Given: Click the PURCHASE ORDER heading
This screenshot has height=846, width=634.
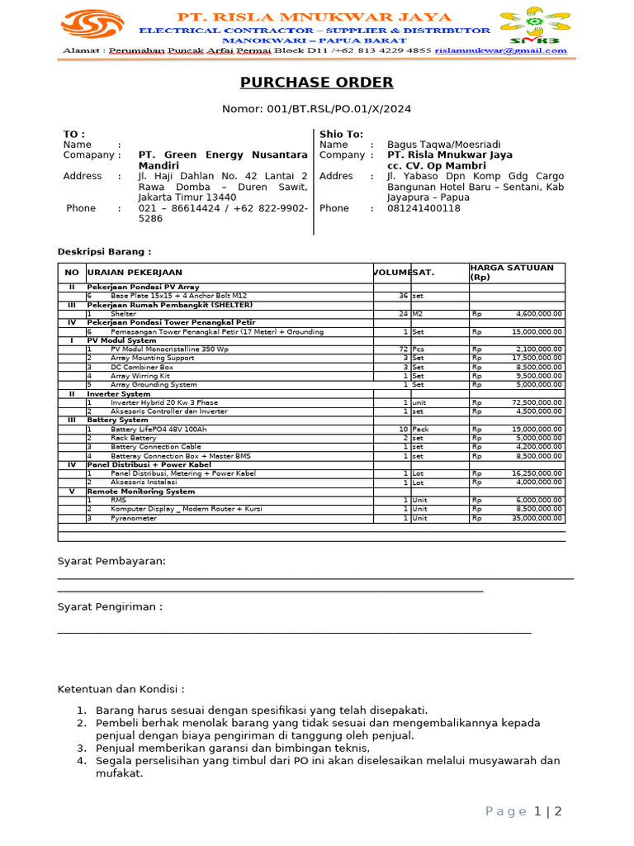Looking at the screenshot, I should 316,83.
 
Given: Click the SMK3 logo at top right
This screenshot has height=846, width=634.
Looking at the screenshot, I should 534,27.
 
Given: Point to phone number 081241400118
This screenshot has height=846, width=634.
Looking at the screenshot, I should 423,208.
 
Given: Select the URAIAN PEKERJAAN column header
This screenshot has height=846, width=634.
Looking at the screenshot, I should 135,273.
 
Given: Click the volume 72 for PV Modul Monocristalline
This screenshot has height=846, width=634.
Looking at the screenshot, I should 403,349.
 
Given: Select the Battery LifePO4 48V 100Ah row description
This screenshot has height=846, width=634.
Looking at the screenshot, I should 154,430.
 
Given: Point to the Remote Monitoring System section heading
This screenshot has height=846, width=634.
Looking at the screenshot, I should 141,491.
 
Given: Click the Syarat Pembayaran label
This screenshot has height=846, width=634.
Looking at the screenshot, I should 111,562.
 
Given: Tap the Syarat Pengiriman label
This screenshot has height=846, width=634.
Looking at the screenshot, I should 110,607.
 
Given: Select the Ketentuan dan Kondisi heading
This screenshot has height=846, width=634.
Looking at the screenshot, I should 121,689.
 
